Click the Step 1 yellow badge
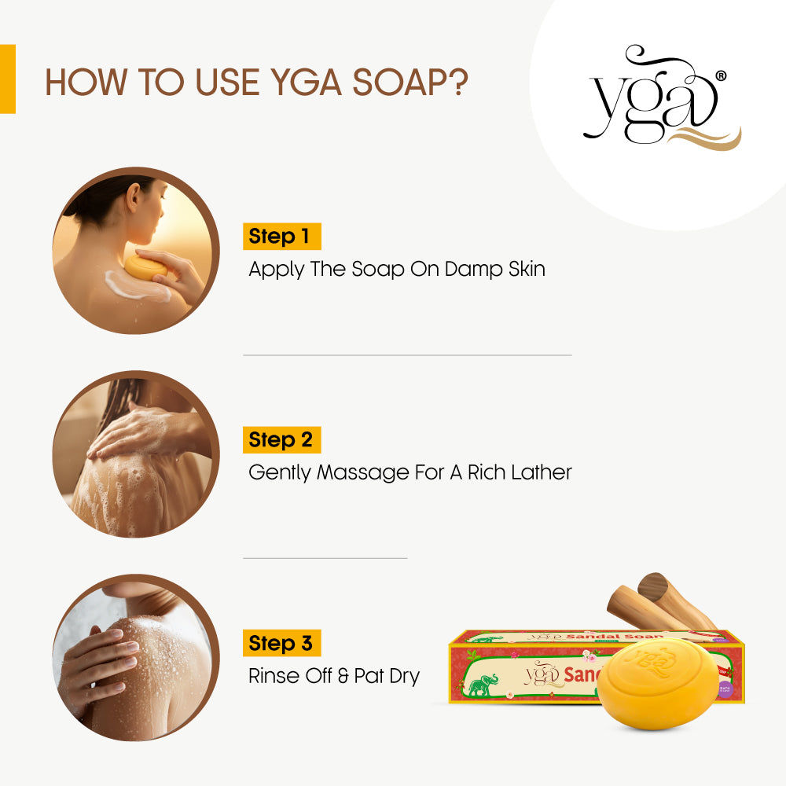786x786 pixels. coord(281,236)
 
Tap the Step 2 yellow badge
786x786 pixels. coord(281,440)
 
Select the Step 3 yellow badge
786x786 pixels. coord(281,644)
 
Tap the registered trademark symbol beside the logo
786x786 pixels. coord(721,76)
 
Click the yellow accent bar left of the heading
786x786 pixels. coord(7,79)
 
